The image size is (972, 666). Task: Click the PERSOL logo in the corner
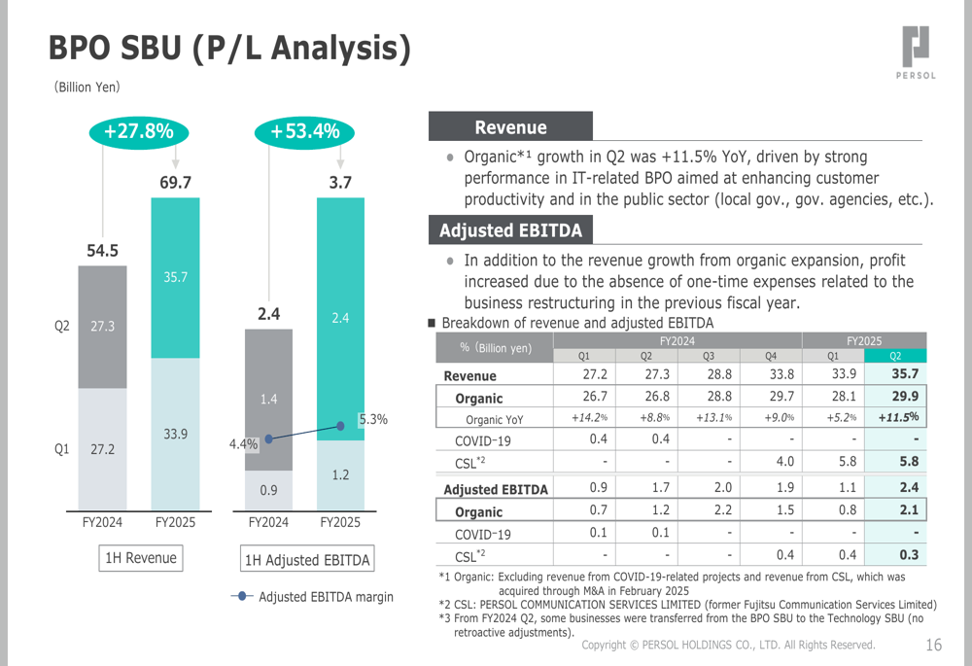point(916,53)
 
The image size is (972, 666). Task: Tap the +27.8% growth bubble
point(139,131)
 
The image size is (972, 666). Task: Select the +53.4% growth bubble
point(304,131)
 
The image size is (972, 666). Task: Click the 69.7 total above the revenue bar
point(175,182)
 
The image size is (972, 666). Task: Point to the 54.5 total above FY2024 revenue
point(102,251)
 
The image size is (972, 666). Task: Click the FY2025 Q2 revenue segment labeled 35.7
point(175,277)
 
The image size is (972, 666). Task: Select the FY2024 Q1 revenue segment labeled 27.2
point(102,450)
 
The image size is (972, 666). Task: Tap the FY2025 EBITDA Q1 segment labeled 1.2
point(340,475)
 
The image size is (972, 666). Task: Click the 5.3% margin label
point(373,420)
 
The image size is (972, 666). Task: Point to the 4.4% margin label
point(243,444)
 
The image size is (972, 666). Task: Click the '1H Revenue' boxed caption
point(142,558)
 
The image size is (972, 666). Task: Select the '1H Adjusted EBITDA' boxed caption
point(307,560)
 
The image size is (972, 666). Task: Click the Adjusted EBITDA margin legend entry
point(313,596)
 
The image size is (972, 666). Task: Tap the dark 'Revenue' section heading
point(510,127)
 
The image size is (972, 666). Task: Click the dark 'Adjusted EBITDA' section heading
point(510,230)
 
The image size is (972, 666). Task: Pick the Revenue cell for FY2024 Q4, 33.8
point(781,374)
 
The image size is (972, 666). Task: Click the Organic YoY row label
point(496,419)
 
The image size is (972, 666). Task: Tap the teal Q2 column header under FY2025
point(895,356)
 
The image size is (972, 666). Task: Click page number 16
point(934,645)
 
